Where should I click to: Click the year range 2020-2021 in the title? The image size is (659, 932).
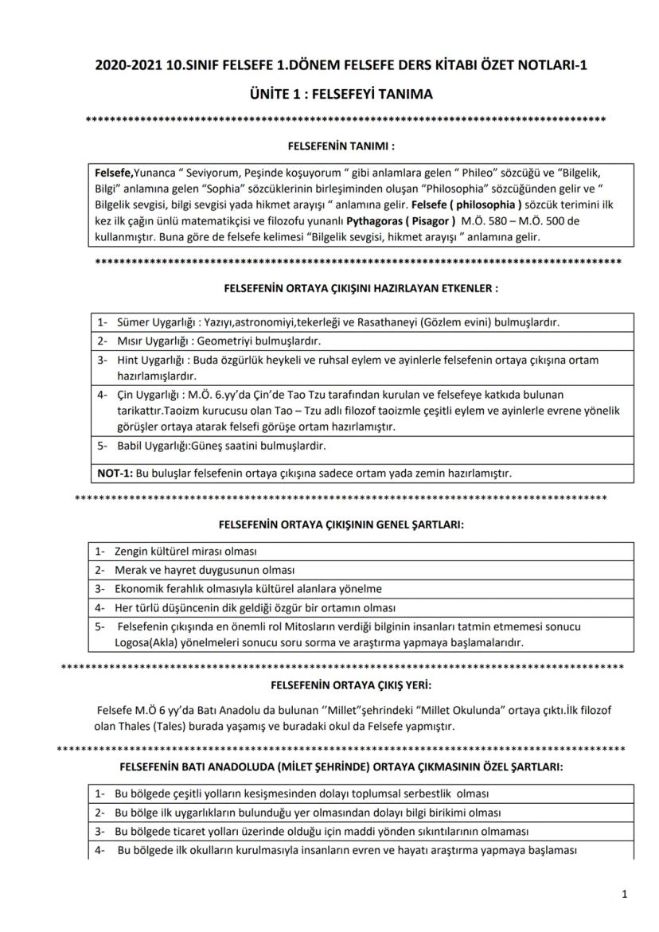pos(128,65)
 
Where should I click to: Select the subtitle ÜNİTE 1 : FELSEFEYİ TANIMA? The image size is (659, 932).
pos(329,94)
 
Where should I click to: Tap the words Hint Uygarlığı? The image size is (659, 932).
pos(150,361)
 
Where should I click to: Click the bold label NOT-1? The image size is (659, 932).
pos(115,474)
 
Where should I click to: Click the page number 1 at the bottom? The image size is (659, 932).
pos(625,895)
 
